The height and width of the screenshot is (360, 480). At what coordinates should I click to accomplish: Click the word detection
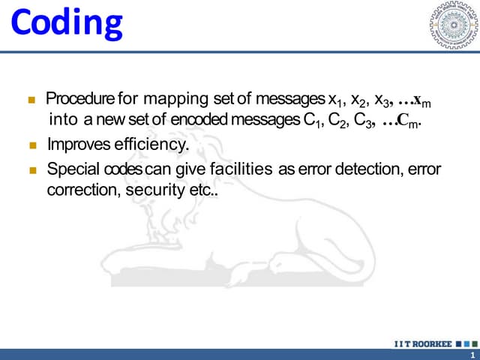pos(363,169)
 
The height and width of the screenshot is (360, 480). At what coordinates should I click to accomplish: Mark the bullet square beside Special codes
pos(32,169)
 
